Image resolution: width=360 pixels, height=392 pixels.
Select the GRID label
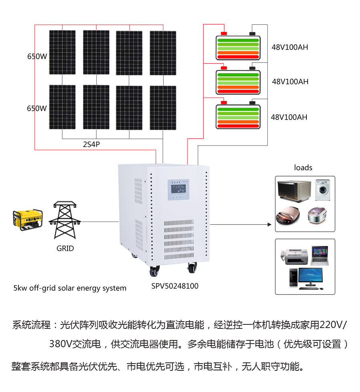click(x=65, y=248)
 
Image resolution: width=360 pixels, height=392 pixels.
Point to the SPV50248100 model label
click(x=175, y=286)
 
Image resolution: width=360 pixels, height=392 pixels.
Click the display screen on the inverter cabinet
click(x=179, y=187)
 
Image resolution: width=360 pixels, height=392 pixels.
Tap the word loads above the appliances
click(x=303, y=168)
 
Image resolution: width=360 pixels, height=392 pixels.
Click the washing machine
click(x=323, y=190)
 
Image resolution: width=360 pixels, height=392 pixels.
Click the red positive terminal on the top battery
click(x=224, y=33)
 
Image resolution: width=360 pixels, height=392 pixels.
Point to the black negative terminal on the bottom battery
click(x=252, y=103)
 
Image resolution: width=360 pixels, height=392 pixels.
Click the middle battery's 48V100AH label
click(x=290, y=82)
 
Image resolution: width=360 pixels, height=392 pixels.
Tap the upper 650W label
click(x=37, y=56)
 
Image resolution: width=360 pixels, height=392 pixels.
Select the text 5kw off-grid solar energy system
click(x=70, y=288)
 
